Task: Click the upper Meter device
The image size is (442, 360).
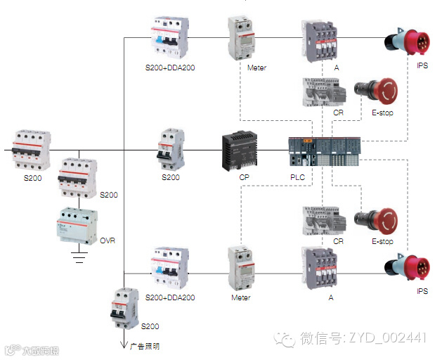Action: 242,40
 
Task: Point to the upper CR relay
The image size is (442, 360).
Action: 323,92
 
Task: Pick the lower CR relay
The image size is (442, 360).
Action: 323,221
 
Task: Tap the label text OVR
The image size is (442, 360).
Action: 108,240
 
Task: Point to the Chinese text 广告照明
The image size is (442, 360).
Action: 145,346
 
